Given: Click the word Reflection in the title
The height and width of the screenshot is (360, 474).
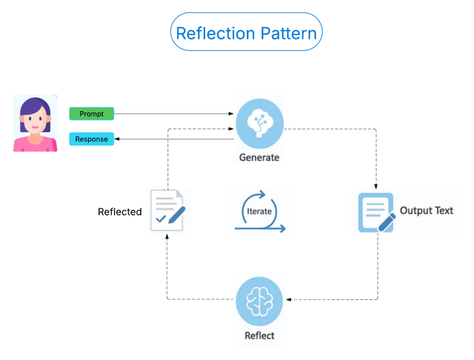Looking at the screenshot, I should (x=216, y=33).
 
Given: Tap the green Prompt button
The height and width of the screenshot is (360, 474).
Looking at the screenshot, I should (x=92, y=114).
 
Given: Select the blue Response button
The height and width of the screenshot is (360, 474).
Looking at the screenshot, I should (x=92, y=139).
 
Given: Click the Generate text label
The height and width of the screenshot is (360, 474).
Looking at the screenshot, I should (x=259, y=157).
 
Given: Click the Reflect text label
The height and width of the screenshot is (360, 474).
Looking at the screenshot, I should (x=259, y=335).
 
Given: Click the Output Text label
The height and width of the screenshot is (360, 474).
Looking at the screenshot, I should (x=426, y=211).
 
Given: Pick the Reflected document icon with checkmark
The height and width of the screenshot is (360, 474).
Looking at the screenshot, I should (x=168, y=211).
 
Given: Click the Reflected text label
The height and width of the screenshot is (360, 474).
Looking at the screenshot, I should (x=119, y=212).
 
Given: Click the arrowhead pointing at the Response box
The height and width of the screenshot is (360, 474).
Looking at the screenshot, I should (x=117, y=139).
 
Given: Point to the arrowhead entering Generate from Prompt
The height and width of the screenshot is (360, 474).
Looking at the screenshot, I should (x=232, y=114).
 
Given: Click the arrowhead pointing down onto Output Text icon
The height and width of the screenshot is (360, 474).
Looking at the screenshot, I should (x=376, y=186).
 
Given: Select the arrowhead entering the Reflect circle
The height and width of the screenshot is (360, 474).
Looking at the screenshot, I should (x=288, y=299).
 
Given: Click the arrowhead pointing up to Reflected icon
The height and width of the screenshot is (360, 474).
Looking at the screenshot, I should (x=167, y=236).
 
